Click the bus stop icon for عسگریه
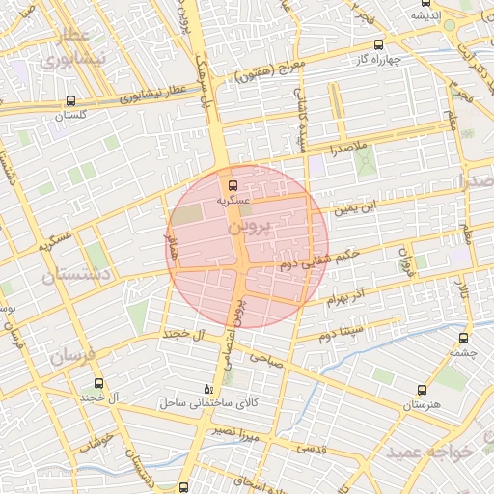tap(232, 184)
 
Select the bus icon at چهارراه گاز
tap(377, 44)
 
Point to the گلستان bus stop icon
tap(70, 100)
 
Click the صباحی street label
tap(265, 356)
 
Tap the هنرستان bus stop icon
tap(422, 390)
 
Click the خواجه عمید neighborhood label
tap(430, 451)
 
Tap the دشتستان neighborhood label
tap(77, 275)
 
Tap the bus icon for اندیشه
tap(425, 3)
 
